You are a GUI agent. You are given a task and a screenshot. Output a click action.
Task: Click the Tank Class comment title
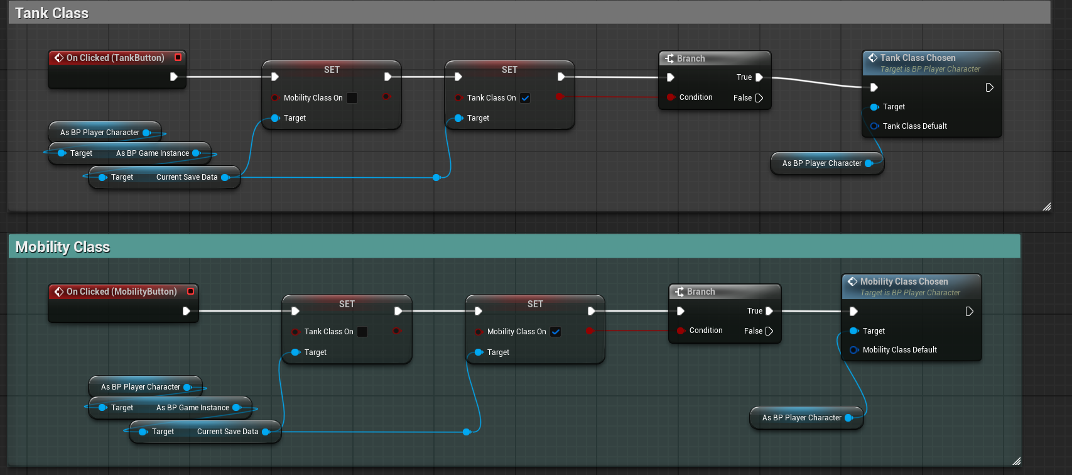click(51, 13)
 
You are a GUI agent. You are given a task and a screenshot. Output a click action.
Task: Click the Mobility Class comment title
click(63, 246)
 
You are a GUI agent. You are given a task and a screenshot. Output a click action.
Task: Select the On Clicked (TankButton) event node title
click(115, 58)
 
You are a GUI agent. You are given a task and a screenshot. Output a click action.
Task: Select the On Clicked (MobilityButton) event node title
click(122, 292)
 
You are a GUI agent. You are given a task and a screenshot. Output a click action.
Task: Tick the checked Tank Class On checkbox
click(525, 98)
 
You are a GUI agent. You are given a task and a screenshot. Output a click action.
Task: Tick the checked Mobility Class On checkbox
click(556, 332)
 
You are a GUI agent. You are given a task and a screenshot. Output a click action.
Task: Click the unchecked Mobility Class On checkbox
click(352, 98)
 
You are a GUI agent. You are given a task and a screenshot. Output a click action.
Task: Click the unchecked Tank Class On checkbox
click(362, 332)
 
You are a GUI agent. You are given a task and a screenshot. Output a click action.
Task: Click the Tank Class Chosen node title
click(918, 58)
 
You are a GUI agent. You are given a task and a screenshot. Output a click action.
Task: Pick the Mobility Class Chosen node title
click(904, 281)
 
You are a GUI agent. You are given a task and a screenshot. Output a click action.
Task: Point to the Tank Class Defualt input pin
click(874, 126)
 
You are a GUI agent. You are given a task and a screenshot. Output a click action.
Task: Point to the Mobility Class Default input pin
click(854, 350)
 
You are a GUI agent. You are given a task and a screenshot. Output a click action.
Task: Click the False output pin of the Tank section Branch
click(759, 98)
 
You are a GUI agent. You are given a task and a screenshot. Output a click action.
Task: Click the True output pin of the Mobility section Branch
click(769, 311)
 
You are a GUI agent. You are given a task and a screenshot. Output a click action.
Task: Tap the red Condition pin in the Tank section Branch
click(671, 97)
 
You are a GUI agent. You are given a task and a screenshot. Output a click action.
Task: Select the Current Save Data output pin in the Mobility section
click(266, 432)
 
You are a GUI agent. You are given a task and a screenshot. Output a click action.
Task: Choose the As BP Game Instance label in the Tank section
click(153, 153)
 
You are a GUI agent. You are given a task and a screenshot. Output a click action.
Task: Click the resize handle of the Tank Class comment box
click(1047, 207)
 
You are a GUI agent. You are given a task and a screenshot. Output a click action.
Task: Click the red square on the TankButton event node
click(178, 57)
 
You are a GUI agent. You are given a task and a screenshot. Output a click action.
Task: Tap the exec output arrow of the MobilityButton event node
click(187, 311)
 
